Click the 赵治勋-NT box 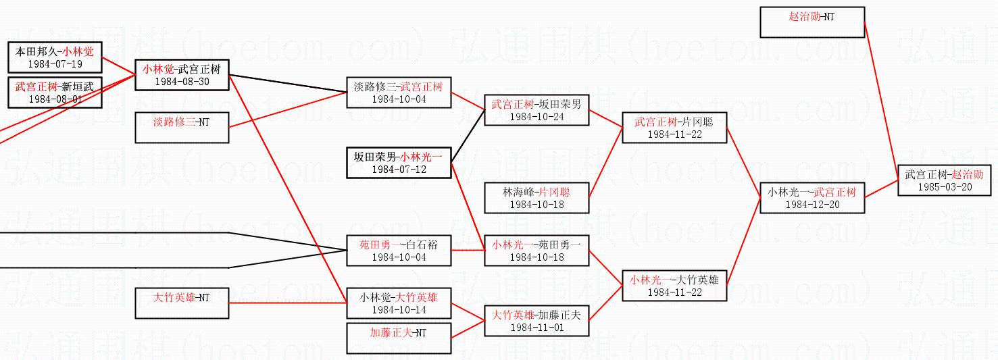click(x=812, y=22)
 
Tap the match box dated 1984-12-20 click(x=812, y=198)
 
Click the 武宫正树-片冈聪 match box click(x=674, y=128)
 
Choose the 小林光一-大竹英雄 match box click(x=674, y=286)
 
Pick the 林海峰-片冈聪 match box click(x=537, y=198)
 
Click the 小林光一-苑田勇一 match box click(x=537, y=251)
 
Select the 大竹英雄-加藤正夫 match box click(x=537, y=321)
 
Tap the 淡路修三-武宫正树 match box click(x=399, y=93)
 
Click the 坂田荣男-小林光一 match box click(x=399, y=163)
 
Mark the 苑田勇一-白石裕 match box click(x=399, y=251)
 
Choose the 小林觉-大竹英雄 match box click(x=399, y=303)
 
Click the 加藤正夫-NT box click(x=399, y=338)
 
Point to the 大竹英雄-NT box click(x=182, y=303)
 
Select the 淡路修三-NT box click(x=182, y=128)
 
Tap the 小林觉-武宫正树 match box click(x=182, y=75)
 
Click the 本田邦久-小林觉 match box click(x=55, y=57)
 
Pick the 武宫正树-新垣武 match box click(x=55, y=93)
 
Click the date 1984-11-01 click(x=537, y=328)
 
